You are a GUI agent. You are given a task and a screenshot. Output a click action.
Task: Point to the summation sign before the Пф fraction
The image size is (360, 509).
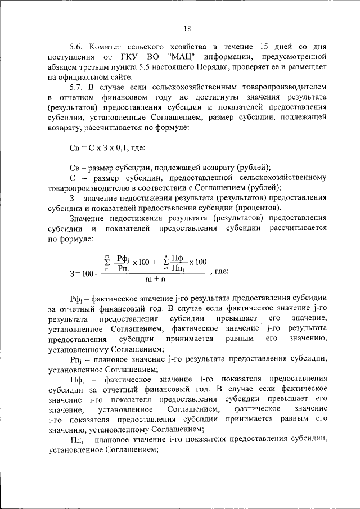165,260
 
